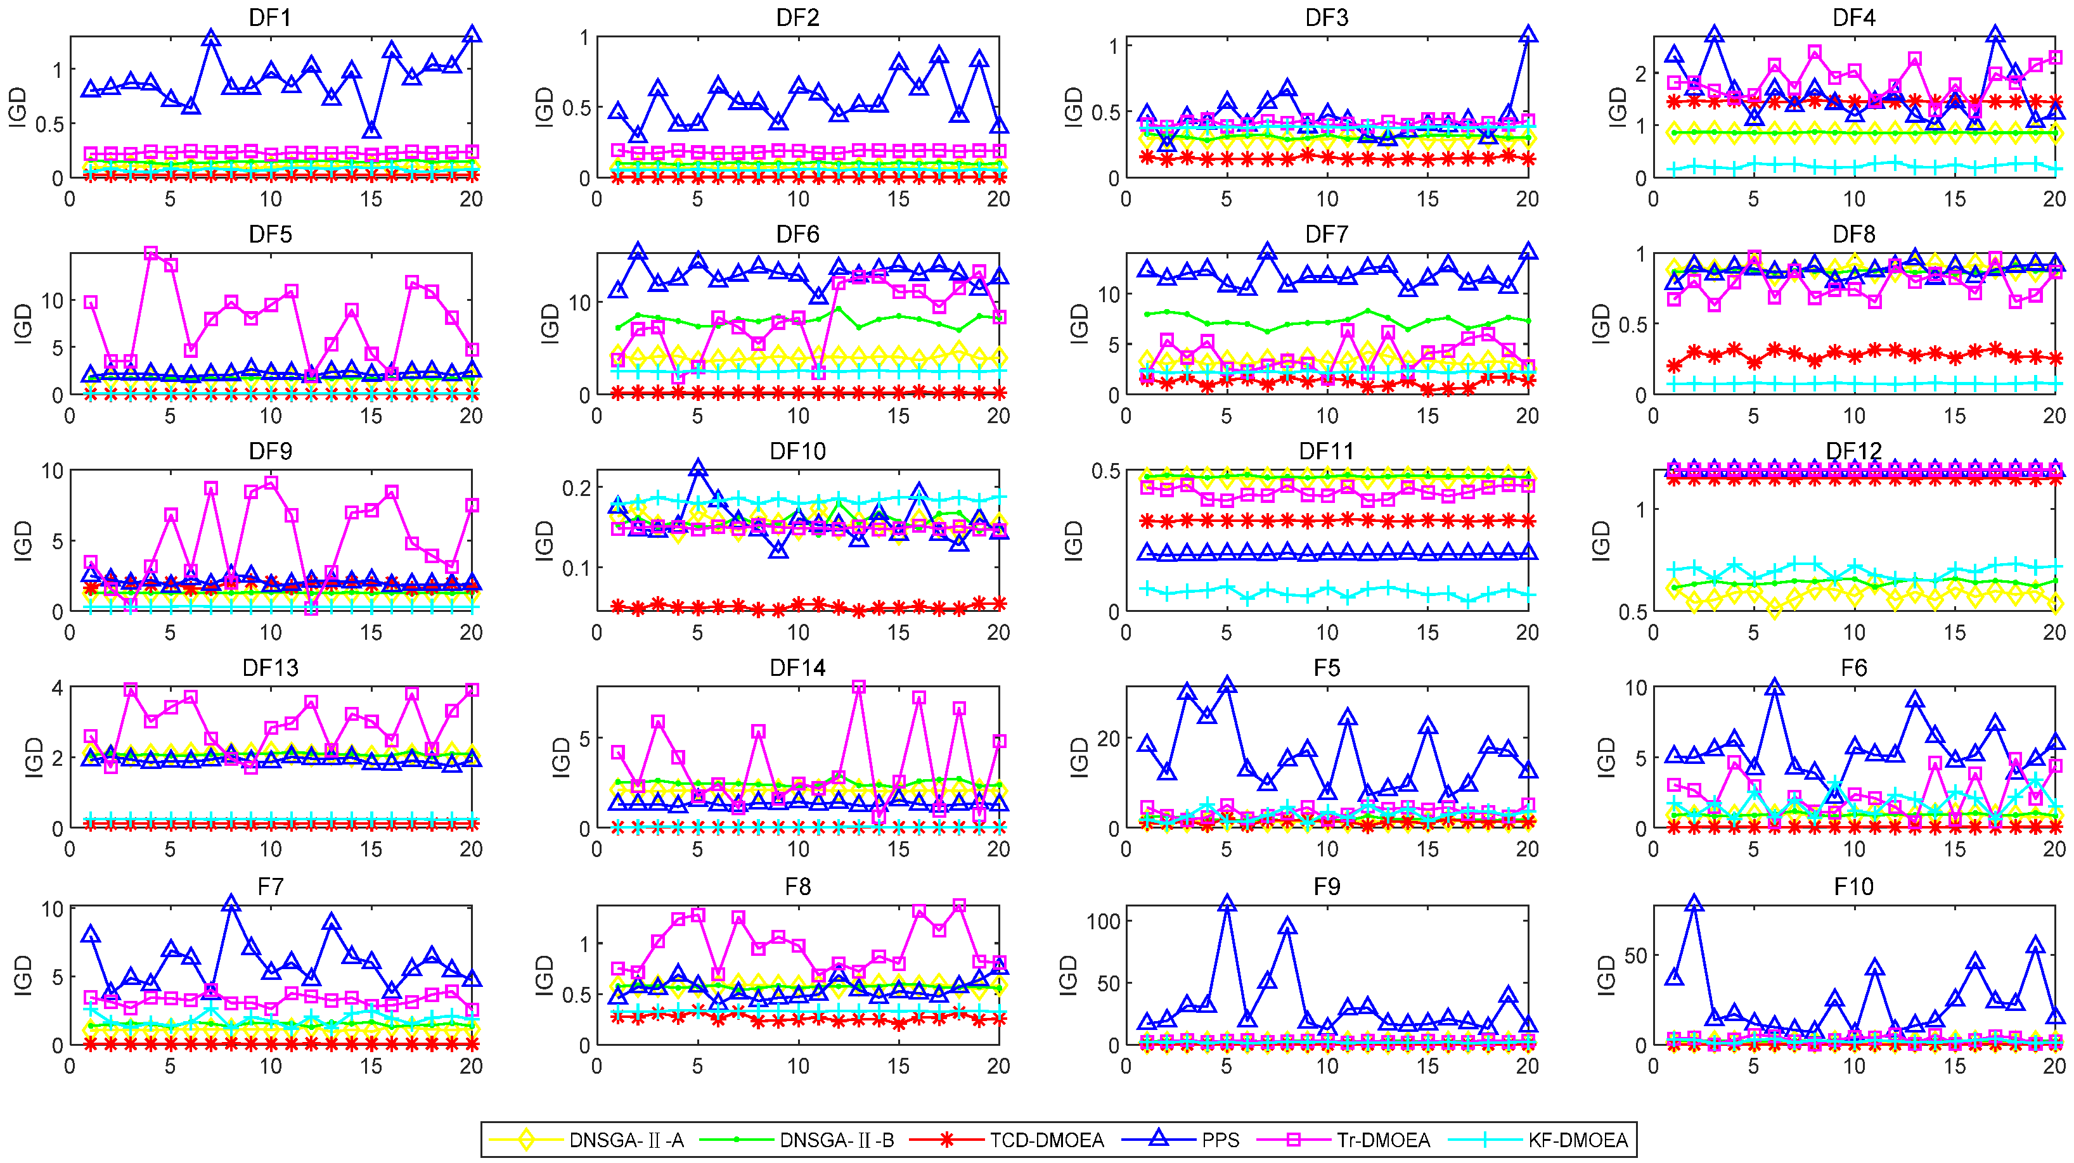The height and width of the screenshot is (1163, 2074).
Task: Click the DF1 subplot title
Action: click(270, 17)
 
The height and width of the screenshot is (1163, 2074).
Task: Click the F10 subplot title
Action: click(1853, 886)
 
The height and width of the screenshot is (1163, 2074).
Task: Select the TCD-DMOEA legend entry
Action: click(1046, 1140)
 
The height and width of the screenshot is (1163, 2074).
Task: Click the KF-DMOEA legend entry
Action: click(1576, 1140)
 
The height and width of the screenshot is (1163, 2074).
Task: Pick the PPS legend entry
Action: click(1220, 1140)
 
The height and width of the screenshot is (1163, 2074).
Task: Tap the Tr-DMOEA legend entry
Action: click(1382, 1140)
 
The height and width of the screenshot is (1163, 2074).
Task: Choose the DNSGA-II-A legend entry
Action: click(626, 1140)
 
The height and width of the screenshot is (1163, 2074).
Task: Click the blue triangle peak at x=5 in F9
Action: click(1226, 903)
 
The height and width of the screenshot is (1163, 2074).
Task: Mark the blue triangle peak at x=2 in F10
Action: click(1694, 903)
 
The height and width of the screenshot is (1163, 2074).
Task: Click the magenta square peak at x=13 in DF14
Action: click(858, 687)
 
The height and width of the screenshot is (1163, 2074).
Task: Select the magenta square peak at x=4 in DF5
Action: click(151, 253)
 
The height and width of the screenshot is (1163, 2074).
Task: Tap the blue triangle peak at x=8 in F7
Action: click(231, 903)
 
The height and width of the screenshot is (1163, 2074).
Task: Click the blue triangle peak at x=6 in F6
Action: click(1774, 687)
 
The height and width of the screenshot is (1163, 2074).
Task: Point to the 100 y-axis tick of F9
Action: click(1103, 921)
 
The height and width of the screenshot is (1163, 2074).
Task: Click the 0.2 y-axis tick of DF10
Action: click(576, 488)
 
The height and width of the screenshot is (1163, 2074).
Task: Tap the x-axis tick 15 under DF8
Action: click(1955, 416)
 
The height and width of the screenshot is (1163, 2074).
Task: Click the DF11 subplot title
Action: click(1326, 451)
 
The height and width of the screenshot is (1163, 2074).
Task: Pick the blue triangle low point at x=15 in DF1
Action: click(371, 129)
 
